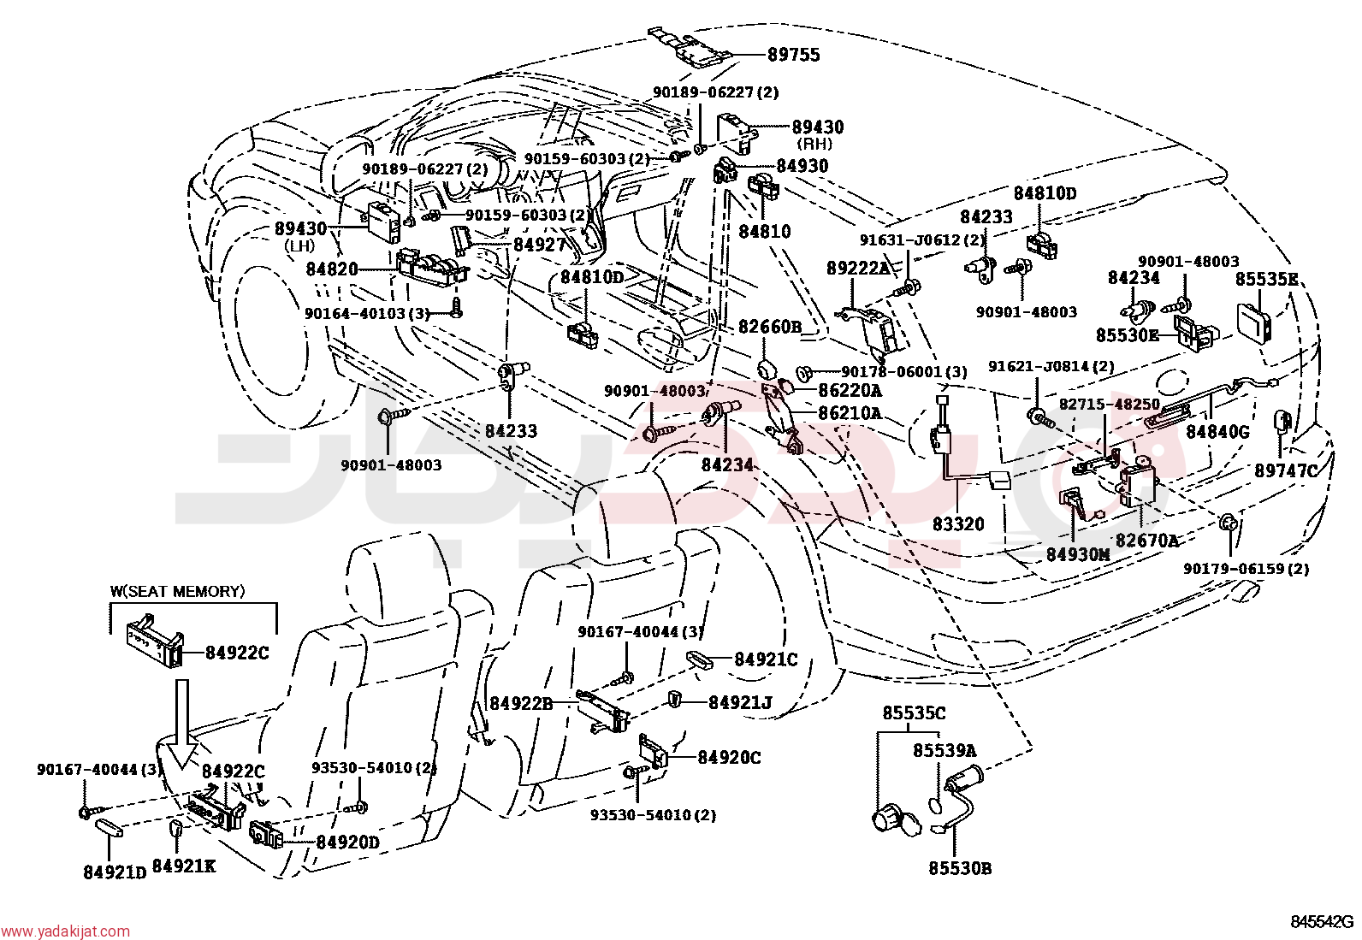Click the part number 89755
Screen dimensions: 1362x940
(x=793, y=55)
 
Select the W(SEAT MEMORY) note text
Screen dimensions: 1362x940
(x=178, y=591)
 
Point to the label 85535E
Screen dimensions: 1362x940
(x=1266, y=279)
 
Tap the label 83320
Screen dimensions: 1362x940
(x=958, y=523)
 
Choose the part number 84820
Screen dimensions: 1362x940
(x=332, y=269)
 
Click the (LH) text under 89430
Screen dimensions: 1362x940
(x=299, y=246)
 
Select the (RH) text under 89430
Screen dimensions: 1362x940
(x=815, y=144)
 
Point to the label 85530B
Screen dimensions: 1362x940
(x=960, y=868)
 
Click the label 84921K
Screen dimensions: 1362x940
(x=183, y=866)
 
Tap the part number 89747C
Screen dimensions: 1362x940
(x=1286, y=470)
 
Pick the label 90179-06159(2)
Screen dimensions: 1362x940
(x=1246, y=569)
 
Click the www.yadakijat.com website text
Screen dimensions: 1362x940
(x=65, y=931)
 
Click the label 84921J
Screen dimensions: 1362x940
(x=740, y=702)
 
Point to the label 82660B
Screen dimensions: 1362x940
(x=770, y=327)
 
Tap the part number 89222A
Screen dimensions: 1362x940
(x=858, y=268)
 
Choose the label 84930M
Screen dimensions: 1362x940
(x=1078, y=554)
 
